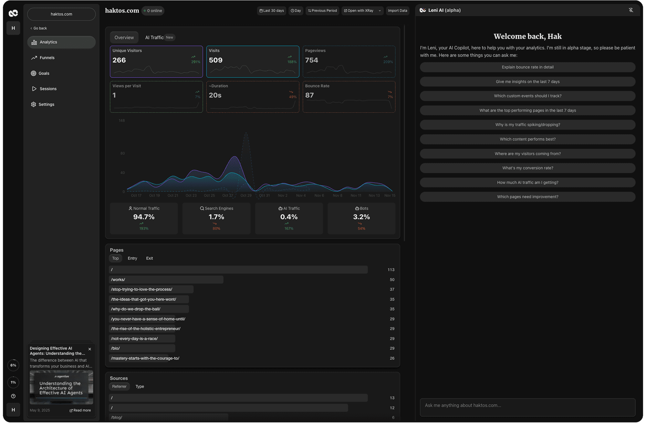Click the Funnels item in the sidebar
click(47, 58)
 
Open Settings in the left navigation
click(46, 105)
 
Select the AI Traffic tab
click(154, 37)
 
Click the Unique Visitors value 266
click(119, 60)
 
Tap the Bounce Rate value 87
click(309, 95)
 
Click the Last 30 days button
click(272, 11)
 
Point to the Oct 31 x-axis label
click(264, 196)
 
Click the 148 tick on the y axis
click(122, 121)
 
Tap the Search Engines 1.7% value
click(216, 217)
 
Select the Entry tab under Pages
click(132, 258)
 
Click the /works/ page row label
click(118, 280)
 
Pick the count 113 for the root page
click(391, 270)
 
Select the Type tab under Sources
click(140, 387)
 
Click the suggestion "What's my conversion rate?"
click(527, 168)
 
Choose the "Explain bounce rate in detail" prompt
click(527, 67)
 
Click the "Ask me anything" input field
click(527, 406)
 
